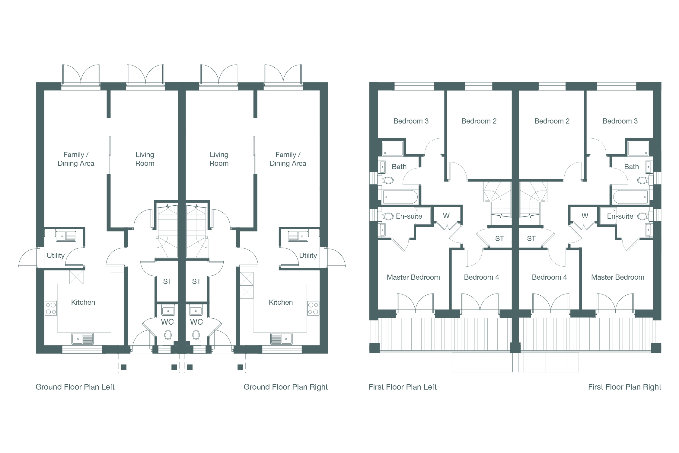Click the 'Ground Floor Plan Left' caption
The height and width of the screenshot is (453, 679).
(75, 387)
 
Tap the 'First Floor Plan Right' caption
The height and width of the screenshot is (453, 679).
(624, 387)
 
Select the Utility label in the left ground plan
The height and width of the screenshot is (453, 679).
(56, 256)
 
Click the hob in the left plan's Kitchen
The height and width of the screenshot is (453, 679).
(51, 308)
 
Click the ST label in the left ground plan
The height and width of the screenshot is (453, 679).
(167, 281)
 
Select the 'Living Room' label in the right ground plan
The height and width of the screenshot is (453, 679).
(219, 159)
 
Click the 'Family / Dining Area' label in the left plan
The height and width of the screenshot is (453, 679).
(76, 159)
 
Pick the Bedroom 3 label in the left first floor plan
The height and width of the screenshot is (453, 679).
(411, 121)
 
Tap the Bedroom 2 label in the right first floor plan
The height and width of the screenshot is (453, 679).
(552, 121)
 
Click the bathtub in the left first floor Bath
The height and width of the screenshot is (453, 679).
(400, 197)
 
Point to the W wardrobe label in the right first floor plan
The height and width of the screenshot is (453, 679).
(585, 216)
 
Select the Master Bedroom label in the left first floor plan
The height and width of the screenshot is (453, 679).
(413, 277)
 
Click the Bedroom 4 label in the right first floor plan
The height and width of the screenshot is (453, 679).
(549, 277)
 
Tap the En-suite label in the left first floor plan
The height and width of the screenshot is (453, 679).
(409, 216)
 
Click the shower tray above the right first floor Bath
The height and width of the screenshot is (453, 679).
(638, 149)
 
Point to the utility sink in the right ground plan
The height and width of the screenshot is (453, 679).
(298, 236)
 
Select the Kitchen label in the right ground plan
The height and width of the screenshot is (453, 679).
(281, 302)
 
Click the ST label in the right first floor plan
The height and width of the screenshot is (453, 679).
(531, 239)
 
